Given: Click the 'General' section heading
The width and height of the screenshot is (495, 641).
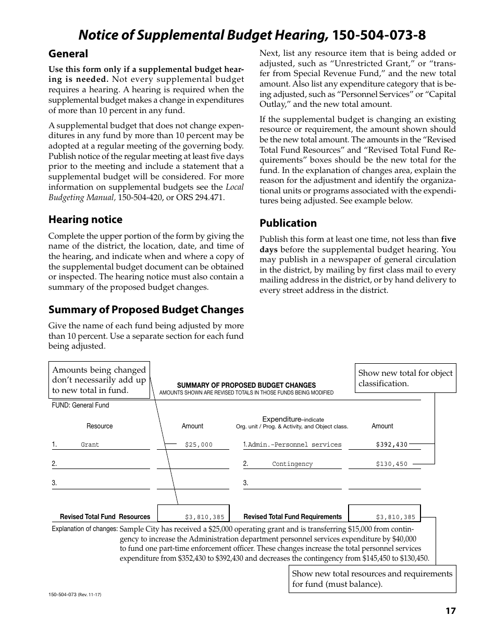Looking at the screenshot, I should click(x=68, y=54).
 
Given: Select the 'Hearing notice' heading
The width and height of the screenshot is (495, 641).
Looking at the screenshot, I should click(x=85, y=219).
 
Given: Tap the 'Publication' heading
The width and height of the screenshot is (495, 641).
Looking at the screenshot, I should click(x=288, y=223).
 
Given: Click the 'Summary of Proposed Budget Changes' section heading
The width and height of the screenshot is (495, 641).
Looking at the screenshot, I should click(x=146, y=310).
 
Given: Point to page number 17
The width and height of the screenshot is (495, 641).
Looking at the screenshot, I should click(x=450, y=611).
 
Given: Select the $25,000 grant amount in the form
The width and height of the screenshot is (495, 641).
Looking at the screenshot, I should click(x=199, y=445).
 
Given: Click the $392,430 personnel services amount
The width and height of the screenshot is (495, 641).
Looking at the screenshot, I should click(x=391, y=445).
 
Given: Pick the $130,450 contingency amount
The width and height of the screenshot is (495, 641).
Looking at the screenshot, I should click(x=391, y=464).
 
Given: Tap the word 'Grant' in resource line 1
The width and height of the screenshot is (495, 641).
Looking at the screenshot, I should click(x=90, y=445).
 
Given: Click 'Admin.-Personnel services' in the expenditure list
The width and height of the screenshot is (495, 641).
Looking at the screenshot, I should click(x=294, y=445).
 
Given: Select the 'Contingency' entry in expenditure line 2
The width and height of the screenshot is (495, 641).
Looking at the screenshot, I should click(x=292, y=464).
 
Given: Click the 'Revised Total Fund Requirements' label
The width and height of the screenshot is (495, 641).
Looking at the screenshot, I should click(x=293, y=517).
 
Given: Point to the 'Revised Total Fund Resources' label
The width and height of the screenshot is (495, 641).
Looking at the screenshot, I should click(x=105, y=517).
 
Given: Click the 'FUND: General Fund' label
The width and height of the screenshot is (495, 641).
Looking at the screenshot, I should click(x=80, y=405).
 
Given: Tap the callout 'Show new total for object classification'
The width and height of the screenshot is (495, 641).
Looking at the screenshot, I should click(x=405, y=378).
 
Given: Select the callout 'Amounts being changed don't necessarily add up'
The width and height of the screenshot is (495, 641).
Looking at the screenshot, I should click(x=99, y=380).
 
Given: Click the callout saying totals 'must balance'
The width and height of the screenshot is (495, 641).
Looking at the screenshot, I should click(x=372, y=579).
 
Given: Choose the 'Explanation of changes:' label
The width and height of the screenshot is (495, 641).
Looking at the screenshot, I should click(x=84, y=529).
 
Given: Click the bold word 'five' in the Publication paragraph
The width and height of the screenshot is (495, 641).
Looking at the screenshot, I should click(x=448, y=240).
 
